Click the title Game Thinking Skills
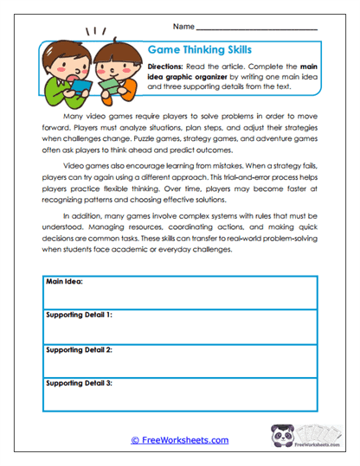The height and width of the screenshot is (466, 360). pyautogui.click(x=200, y=50)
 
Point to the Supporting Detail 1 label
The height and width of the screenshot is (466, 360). pyautogui.click(x=79, y=315)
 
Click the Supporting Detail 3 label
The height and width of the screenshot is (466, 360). pyautogui.click(x=79, y=381)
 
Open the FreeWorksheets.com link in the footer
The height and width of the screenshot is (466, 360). pyautogui.click(x=179, y=440)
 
